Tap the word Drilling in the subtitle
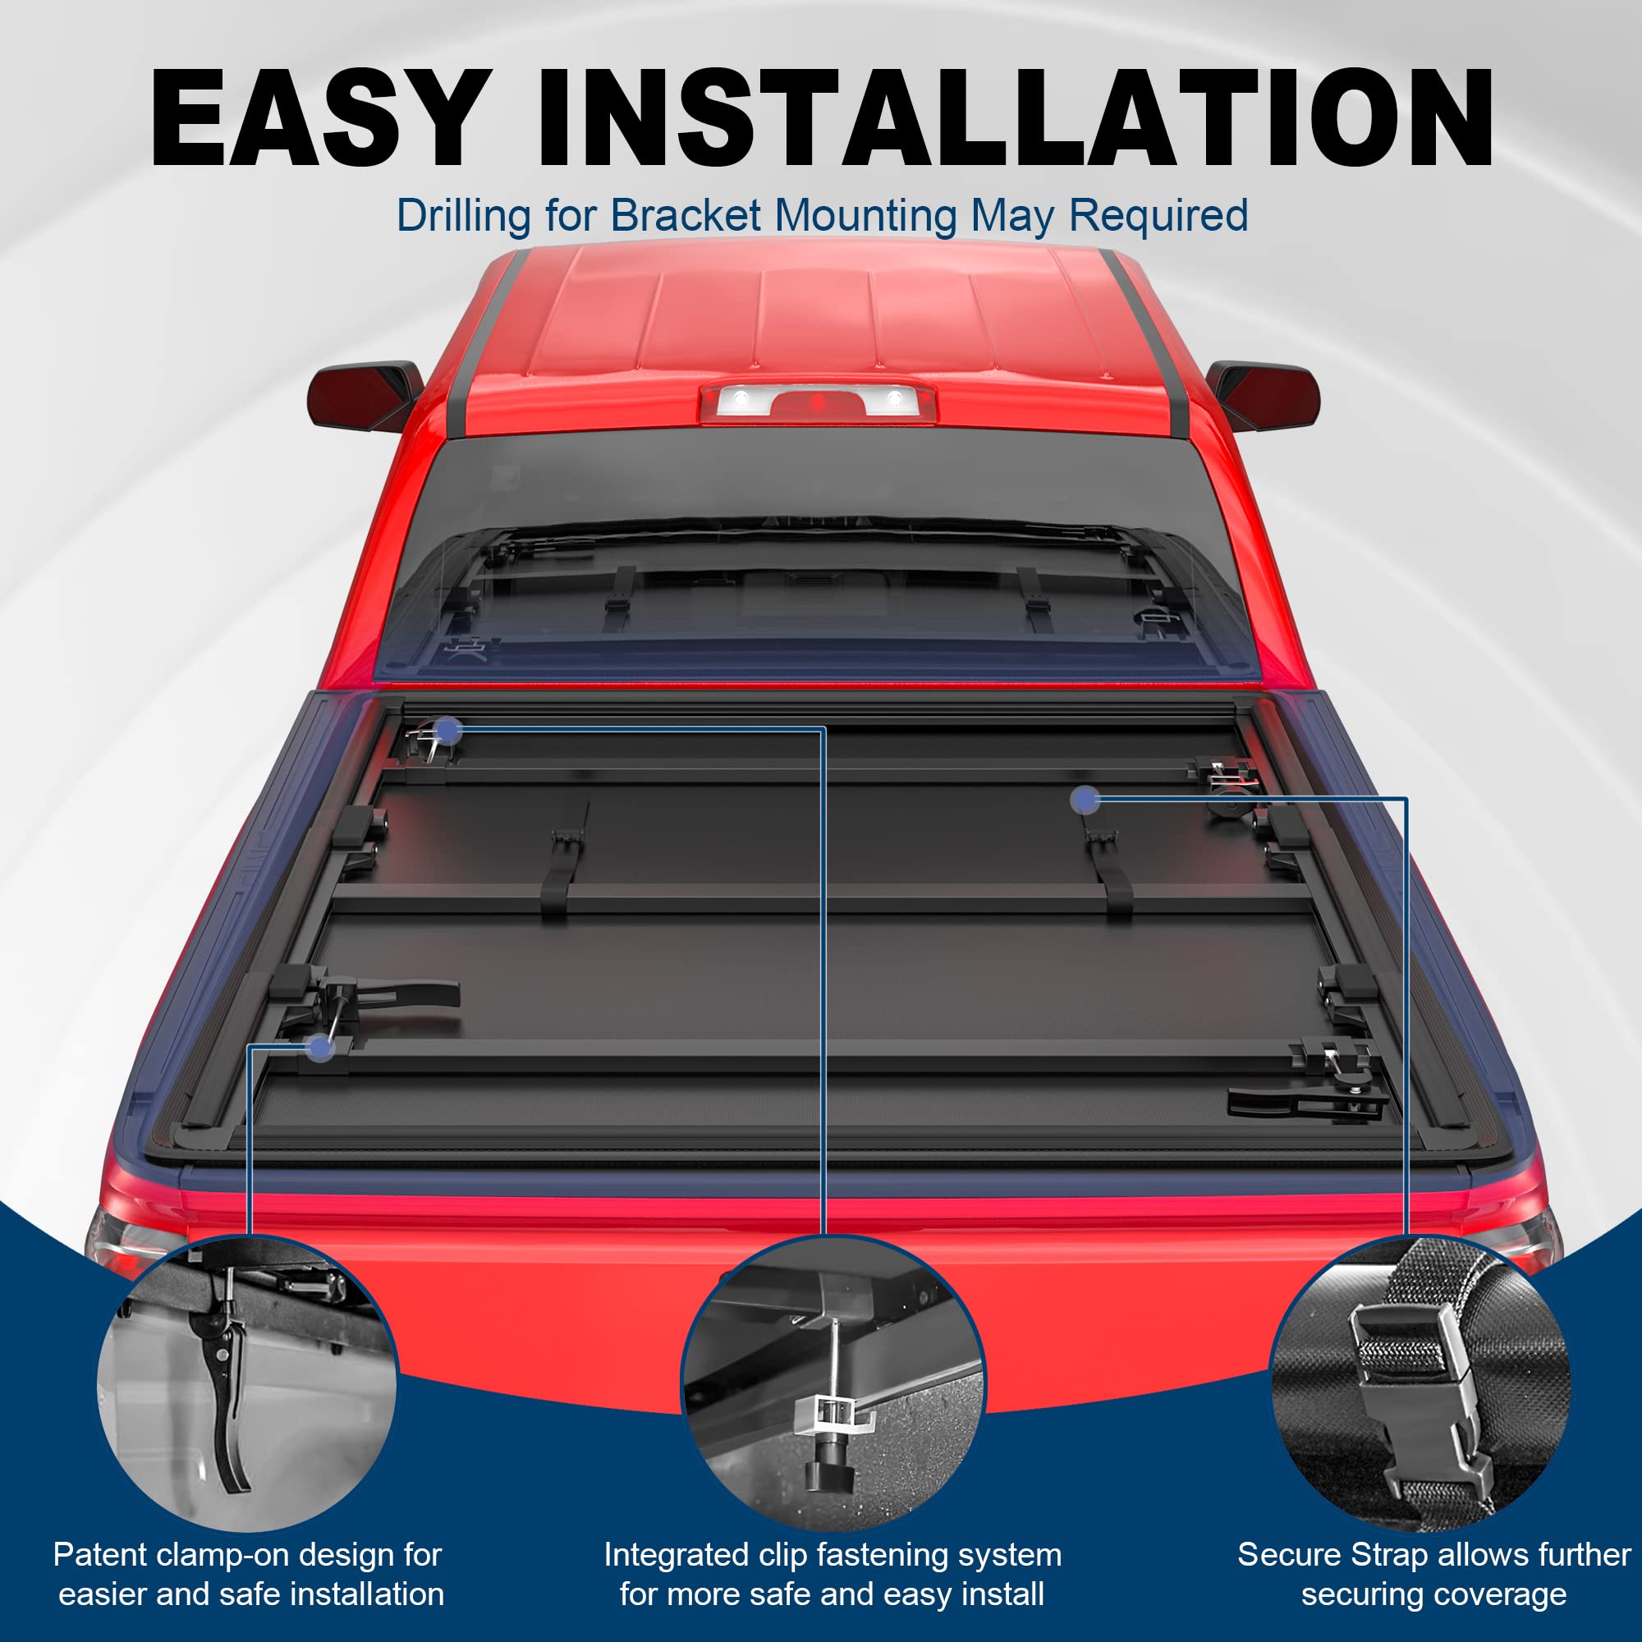click(463, 216)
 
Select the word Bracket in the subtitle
click(685, 216)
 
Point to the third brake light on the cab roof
click(817, 402)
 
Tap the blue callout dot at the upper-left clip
click(448, 729)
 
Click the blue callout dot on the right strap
click(1085, 799)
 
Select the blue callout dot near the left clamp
click(320, 1048)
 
